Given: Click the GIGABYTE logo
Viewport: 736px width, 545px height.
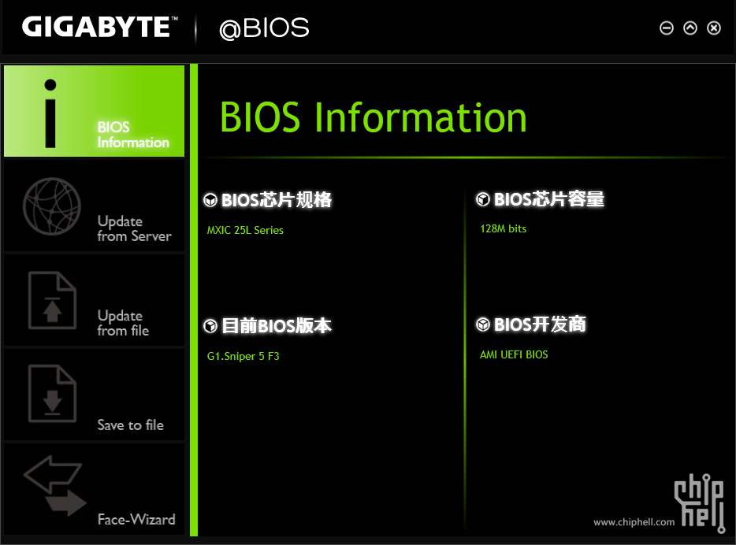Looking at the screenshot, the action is (99, 27).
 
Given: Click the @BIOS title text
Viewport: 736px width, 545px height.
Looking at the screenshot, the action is (264, 28).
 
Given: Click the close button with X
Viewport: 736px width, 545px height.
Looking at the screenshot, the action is (714, 28).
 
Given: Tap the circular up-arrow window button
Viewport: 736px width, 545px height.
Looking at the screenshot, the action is (690, 28).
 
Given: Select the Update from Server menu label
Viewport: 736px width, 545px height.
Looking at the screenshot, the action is (134, 228).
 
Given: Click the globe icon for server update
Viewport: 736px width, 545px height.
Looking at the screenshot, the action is (52, 206).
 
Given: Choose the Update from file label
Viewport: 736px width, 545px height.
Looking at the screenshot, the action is (123, 323).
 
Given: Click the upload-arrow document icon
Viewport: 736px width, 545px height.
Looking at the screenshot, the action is (52, 300).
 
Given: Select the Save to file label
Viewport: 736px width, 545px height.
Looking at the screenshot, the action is (131, 425).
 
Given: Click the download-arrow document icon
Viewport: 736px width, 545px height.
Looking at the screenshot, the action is (52, 394).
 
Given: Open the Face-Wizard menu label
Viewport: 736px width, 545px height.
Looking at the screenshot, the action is (136, 519).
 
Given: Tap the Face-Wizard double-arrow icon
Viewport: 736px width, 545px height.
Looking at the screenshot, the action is (54, 486).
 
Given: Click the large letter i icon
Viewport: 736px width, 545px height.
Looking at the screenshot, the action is (50, 113).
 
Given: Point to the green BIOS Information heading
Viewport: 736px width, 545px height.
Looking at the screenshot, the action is (374, 117).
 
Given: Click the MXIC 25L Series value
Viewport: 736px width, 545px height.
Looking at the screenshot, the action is (245, 230).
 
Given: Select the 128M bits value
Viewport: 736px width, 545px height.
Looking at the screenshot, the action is (504, 229).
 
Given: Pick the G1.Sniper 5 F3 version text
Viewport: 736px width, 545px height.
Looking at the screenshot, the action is (243, 357).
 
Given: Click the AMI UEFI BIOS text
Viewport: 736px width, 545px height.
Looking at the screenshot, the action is (514, 354).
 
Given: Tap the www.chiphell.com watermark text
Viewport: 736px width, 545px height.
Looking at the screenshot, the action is (634, 522).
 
